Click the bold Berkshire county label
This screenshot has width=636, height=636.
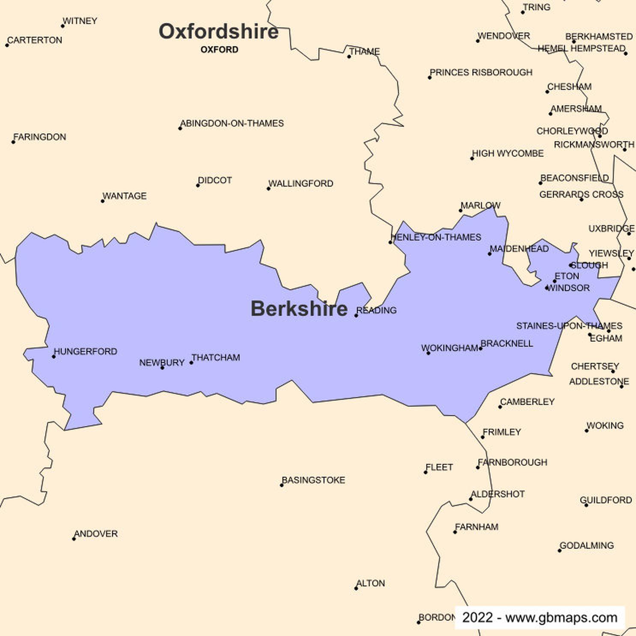tap(299, 309)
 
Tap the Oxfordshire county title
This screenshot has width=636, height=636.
tap(218, 31)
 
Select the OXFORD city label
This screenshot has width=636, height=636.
tap(219, 50)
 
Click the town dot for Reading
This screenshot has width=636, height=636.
tap(356, 315)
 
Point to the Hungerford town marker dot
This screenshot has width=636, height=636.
tap(54, 357)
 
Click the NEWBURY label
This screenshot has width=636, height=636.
tap(162, 363)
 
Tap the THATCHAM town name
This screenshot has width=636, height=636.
tap(216, 357)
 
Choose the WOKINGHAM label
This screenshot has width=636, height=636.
tap(450, 348)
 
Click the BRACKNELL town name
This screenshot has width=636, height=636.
tap(507, 343)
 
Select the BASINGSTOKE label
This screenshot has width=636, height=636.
tap(313, 480)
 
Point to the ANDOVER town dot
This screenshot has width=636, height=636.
tap(74, 539)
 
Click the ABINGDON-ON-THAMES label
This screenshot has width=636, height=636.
tap(232, 123)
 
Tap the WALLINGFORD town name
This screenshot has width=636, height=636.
tap(301, 184)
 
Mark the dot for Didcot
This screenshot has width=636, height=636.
tap(198, 185)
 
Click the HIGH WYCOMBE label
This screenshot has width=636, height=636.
tap(508, 153)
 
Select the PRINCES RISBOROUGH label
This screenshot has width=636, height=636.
tap(481, 72)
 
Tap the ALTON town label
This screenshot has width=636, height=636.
tap(371, 583)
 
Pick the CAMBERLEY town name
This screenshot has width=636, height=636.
tap(527, 401)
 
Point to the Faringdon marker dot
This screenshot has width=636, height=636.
tap(13, 142)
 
